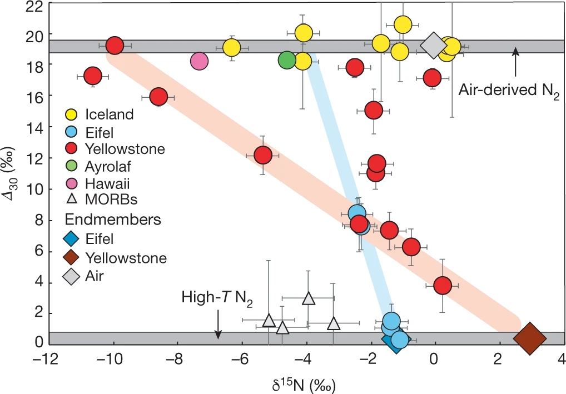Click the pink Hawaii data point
click(x=200, y=61)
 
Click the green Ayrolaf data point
click(x=287, y=59)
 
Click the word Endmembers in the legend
click(x=113, y=219)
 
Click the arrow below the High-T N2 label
click(x=218, y=325)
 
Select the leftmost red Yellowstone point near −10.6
click(x=92, y=76)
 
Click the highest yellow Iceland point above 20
click(x=403, y=24)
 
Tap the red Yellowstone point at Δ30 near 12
click(x=262, y=155)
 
